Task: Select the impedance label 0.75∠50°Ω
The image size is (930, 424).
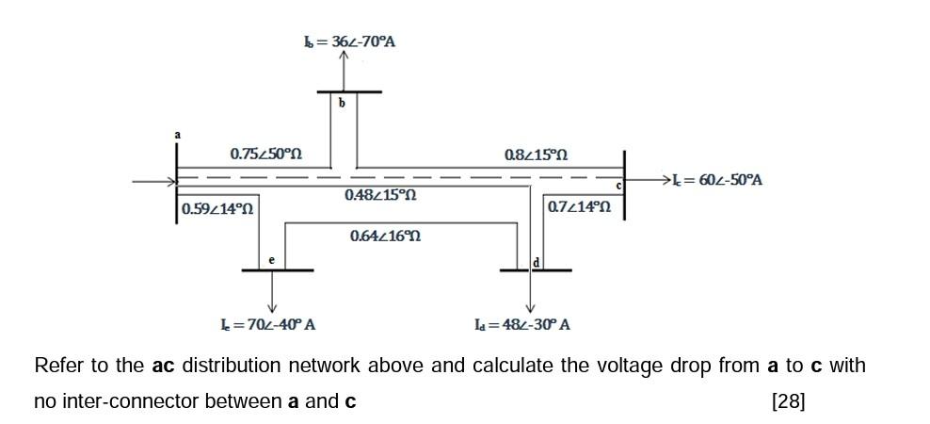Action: pyautogui.click(x=265, y=154)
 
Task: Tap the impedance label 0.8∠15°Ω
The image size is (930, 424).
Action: pyautogui.click(x=536, y=154)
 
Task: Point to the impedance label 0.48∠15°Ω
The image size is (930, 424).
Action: pyautogui.click(x=380, y=194)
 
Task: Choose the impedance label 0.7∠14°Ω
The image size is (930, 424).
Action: pyautogui.click(x=578, y=206)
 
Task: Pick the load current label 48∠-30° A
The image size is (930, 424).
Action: pyautogui.click(x=522, y=325)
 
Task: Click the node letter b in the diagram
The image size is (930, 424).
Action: pyautogui.click(x=342, y=103)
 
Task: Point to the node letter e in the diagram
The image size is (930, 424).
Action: pyautogui.click(x=271, y=258)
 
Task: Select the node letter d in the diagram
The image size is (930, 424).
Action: pyautogui.click(x=536, y=260)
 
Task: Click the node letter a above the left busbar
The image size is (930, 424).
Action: pyautogui.click(x=176, y=135)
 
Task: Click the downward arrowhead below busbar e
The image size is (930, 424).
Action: pyautogui.click(x=273, y=307)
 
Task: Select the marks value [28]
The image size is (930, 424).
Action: pyautogui.click(x=788, y=401)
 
